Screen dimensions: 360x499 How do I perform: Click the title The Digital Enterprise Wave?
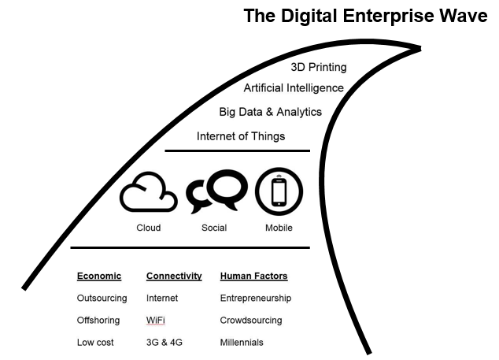(365, 15)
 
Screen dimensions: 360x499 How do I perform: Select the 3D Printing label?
(319, 68)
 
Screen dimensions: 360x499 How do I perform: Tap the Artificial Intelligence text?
(294, 88)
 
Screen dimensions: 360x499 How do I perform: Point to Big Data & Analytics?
(270, 112)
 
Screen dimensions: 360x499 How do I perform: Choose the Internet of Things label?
(241, 136)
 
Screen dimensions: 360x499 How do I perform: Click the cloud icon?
(148, 194)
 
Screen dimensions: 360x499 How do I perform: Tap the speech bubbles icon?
(215, 193)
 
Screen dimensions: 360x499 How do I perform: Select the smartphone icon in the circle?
(279, 192)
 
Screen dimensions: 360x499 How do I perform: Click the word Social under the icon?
(214, 228)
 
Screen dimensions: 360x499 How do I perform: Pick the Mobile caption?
(279, 228)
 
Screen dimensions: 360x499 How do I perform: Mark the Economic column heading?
(99, 276)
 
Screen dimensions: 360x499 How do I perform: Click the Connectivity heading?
(174, 276)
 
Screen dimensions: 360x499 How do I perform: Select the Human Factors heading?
(253, 276)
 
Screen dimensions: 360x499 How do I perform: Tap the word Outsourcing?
(102, 299)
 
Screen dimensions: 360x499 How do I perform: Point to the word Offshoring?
(99, 321)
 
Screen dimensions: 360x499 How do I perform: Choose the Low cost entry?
(95, 343)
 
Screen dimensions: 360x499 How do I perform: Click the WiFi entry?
(156, 321)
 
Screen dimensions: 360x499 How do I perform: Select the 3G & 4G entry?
(163, 343)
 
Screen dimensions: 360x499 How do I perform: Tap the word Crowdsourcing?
(251, 321)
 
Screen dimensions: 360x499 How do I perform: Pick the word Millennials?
(242, 343)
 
